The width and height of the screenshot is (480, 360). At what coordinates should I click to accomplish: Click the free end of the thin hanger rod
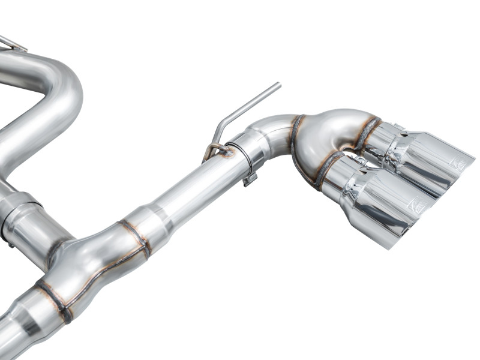[278, 85]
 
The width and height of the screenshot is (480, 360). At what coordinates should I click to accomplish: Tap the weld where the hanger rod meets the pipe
[227, 152]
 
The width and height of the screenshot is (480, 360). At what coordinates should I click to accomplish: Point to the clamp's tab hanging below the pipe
[251, 179]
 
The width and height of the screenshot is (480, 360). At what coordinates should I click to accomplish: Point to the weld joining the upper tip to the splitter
[367, 133]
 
